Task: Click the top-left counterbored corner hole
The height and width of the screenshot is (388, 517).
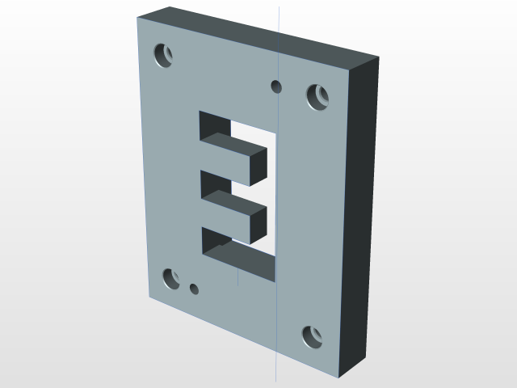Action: tap(164, 56)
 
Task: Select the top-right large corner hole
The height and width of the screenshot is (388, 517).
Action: tap(317, 97)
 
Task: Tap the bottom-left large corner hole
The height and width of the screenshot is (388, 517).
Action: tap(171, 279)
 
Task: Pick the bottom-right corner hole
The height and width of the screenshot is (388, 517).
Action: tap(313, 336)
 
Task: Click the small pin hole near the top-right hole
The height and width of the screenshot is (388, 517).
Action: tap(276, 86)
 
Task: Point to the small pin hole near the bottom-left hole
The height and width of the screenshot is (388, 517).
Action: tap(194, 289)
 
